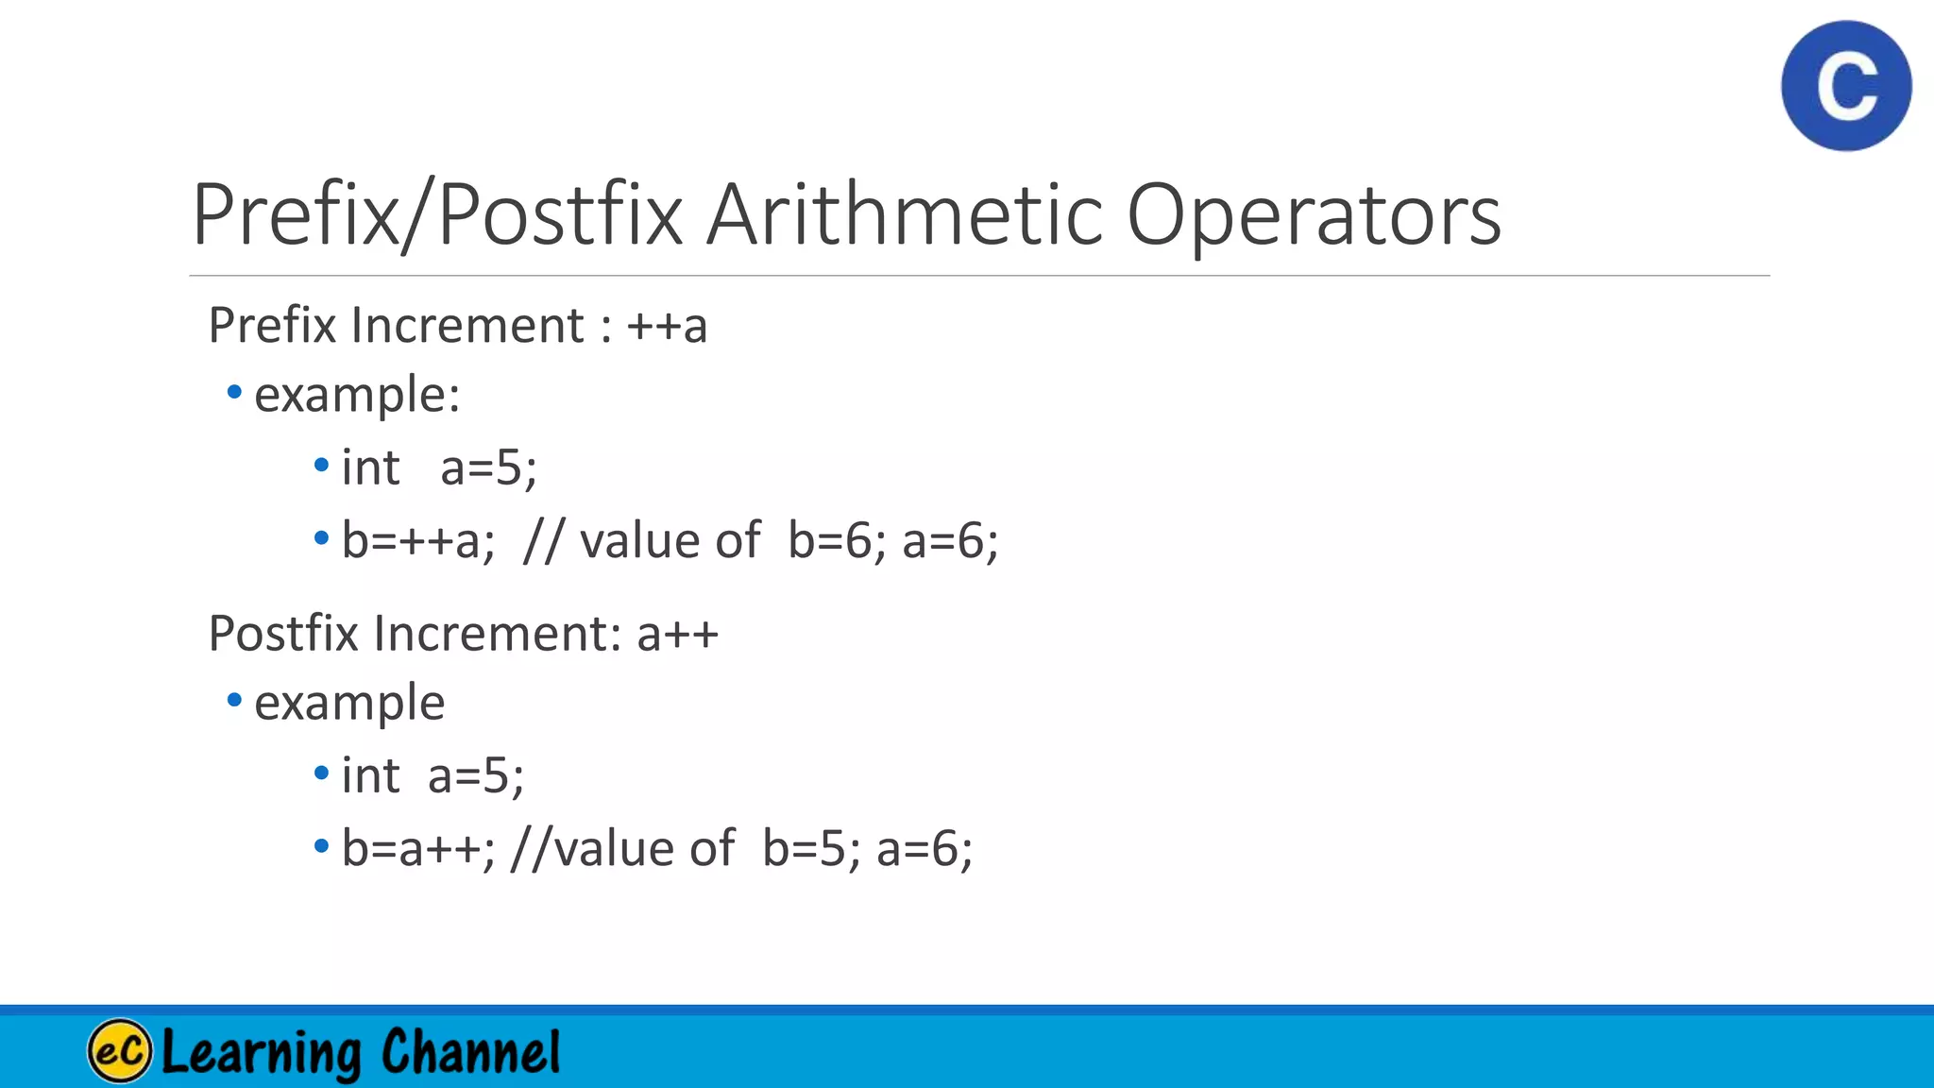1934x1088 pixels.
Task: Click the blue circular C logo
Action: pos(1846,86)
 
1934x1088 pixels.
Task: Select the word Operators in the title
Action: pos(1314,217)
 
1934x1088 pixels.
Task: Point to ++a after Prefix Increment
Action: pos(667,326)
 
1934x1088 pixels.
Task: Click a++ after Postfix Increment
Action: pos(677,634)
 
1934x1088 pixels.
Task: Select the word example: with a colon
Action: pos(357,395)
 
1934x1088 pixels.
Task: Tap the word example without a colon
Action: pos(349,704)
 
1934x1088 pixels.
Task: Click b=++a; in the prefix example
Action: pos(418,541)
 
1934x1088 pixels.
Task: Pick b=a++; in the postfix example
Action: pos(418,848)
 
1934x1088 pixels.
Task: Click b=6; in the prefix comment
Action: pos(837,541)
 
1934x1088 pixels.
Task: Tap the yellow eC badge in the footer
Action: pos(120,1050)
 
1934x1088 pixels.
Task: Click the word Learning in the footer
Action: pos(262,1052)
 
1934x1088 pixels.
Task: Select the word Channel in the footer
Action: pos(470,1052)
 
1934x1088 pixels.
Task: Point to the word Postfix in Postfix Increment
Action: pos(283,634)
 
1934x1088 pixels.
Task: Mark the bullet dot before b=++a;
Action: pos(321,538)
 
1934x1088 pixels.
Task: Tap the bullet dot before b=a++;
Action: pos(321,845)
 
